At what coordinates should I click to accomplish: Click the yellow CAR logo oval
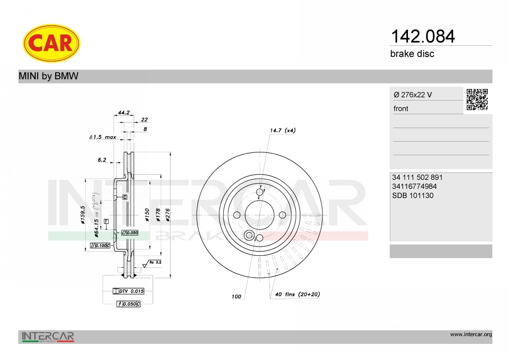[51, 43]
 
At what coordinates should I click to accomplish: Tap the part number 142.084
[422, 36]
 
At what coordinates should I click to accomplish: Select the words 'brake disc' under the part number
[412, 54]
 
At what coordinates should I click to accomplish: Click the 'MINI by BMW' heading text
[48, 76]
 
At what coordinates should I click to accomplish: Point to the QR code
[477, 100]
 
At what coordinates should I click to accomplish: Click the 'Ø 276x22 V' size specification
[413, 95]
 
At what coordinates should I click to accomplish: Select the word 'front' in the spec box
[401, 109]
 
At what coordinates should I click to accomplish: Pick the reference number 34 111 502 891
[417, 177]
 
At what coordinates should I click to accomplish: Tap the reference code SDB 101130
[413, 195]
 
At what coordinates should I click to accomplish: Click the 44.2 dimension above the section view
[124, 112]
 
